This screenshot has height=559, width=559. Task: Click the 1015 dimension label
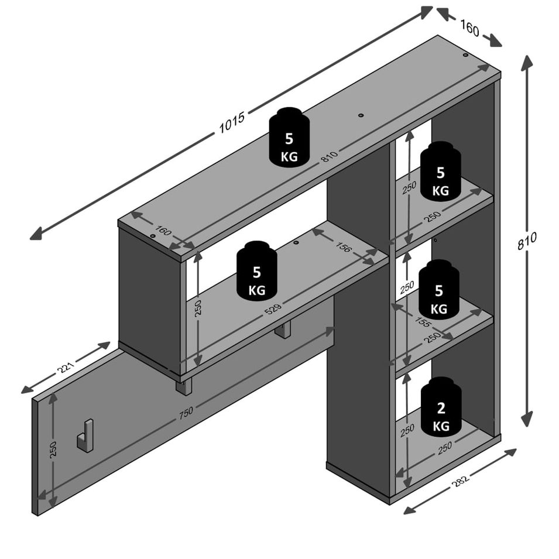(232, 122)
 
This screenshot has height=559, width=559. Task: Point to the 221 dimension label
(66, 367)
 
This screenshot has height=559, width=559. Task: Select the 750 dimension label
(186, 413)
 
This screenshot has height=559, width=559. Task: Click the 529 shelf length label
(273, 308)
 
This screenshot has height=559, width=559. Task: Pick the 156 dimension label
(343, 246)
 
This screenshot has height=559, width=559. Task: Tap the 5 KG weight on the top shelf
(289, 137)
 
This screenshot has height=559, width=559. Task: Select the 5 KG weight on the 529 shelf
(257, 271)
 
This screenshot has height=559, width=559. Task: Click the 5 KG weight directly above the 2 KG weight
(439, 290)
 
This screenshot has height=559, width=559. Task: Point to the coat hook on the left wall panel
(85, 435)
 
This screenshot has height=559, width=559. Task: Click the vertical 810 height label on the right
(527, 241)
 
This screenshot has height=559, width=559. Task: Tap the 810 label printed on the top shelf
(330, 156)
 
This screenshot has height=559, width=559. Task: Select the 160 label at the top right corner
(470, 28)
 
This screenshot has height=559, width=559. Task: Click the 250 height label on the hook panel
(53, 449)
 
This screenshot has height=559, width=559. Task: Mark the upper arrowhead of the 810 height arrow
(527, 63)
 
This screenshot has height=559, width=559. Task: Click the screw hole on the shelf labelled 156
(296, 242)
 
